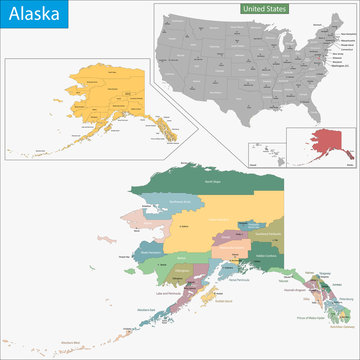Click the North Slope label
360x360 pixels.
pos(211,182)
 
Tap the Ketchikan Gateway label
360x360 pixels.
pos(341,328)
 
